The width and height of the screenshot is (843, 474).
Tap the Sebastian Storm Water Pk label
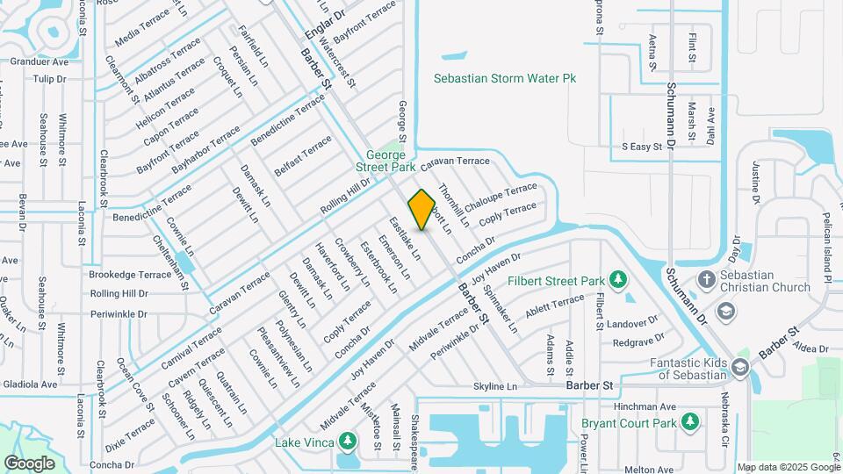(505, 78)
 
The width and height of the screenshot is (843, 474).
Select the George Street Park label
(385, 161)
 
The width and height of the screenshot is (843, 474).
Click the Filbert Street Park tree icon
(619, 280)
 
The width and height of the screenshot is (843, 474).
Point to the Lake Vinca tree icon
(348, 440)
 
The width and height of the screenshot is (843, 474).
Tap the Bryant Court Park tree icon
(691, 423)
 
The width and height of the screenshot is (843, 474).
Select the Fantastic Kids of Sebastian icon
(739, 368)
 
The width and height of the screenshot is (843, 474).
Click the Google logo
(29, 463)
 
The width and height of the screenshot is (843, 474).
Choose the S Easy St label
(641, 147)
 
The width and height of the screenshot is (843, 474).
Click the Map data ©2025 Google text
(788, 467)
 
